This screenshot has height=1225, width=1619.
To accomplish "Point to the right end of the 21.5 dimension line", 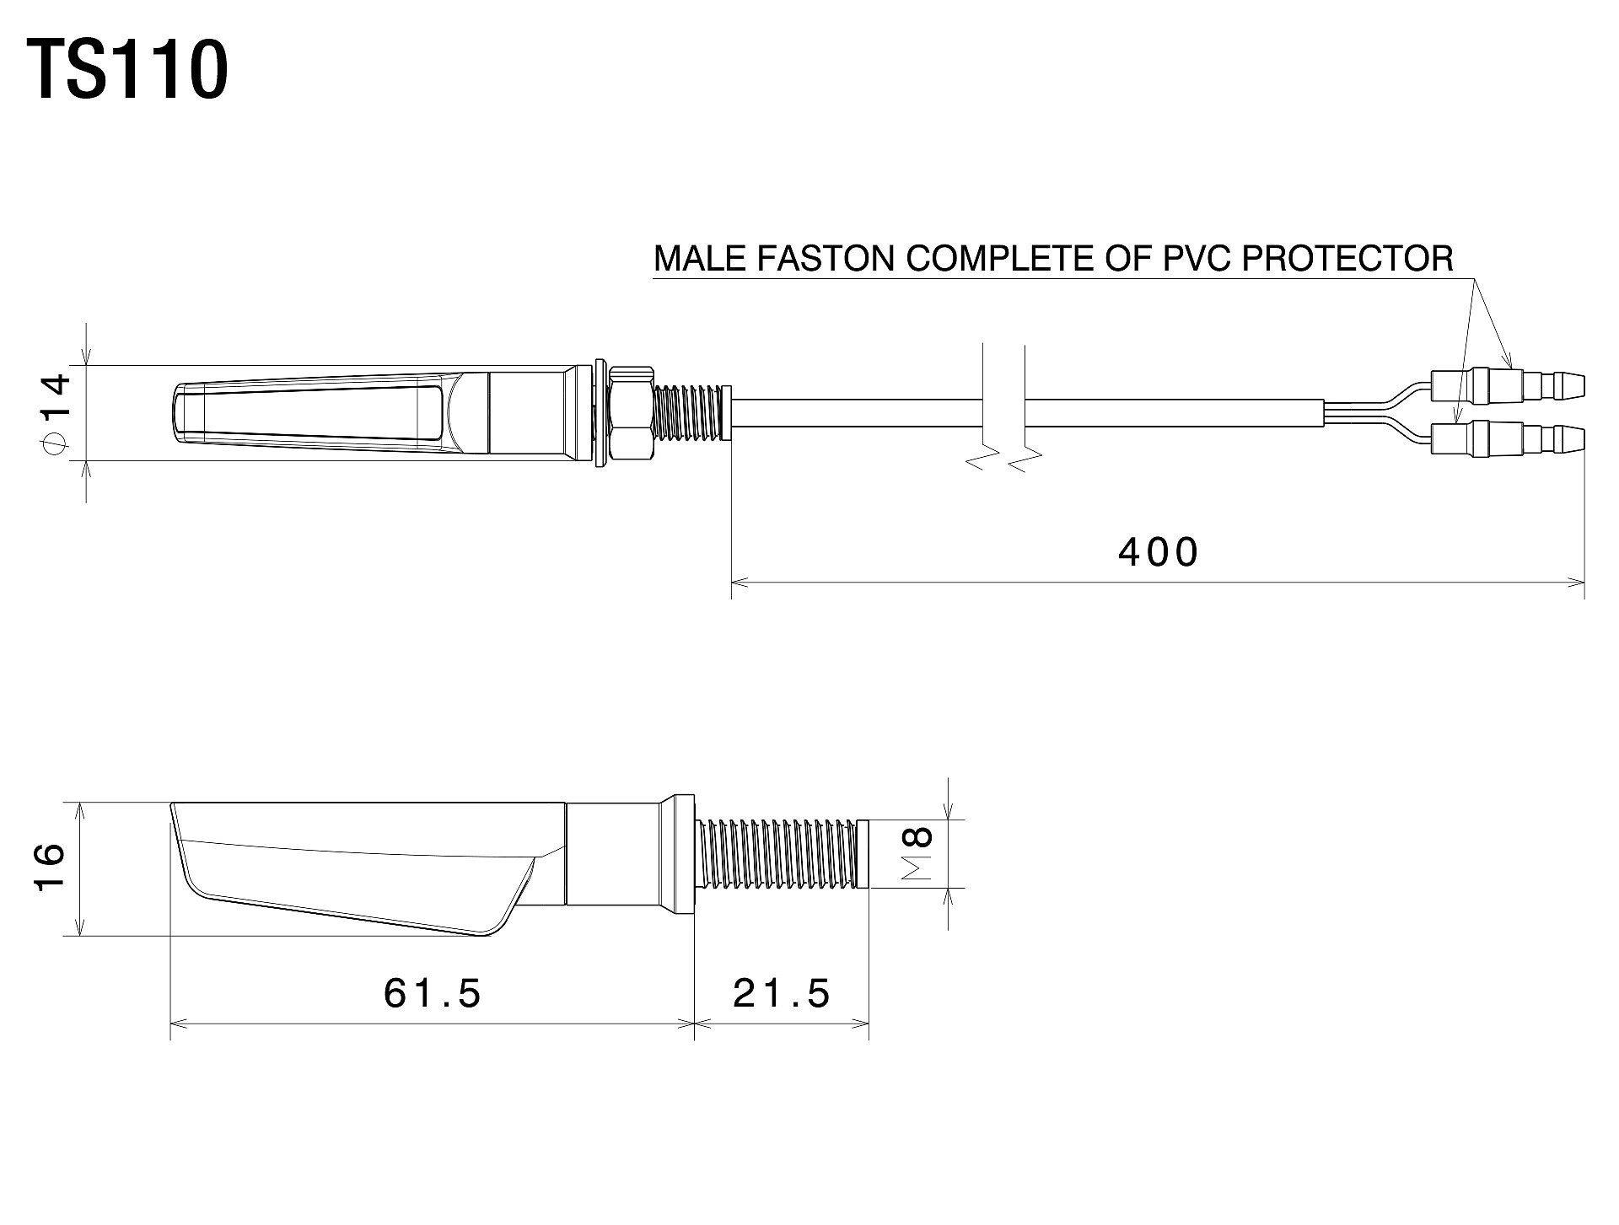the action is coord(869,1024).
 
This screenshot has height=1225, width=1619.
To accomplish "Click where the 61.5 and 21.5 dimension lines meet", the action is coord(695,1024).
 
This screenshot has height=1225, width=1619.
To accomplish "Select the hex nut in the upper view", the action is coord(631,413).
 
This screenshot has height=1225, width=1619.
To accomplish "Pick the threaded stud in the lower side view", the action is coord(783,853).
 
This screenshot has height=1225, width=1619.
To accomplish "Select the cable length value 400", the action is coord(1159,552).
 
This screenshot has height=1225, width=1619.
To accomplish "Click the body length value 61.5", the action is coord(433,993).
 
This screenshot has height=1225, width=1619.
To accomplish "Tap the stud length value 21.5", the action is coord(782,993).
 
